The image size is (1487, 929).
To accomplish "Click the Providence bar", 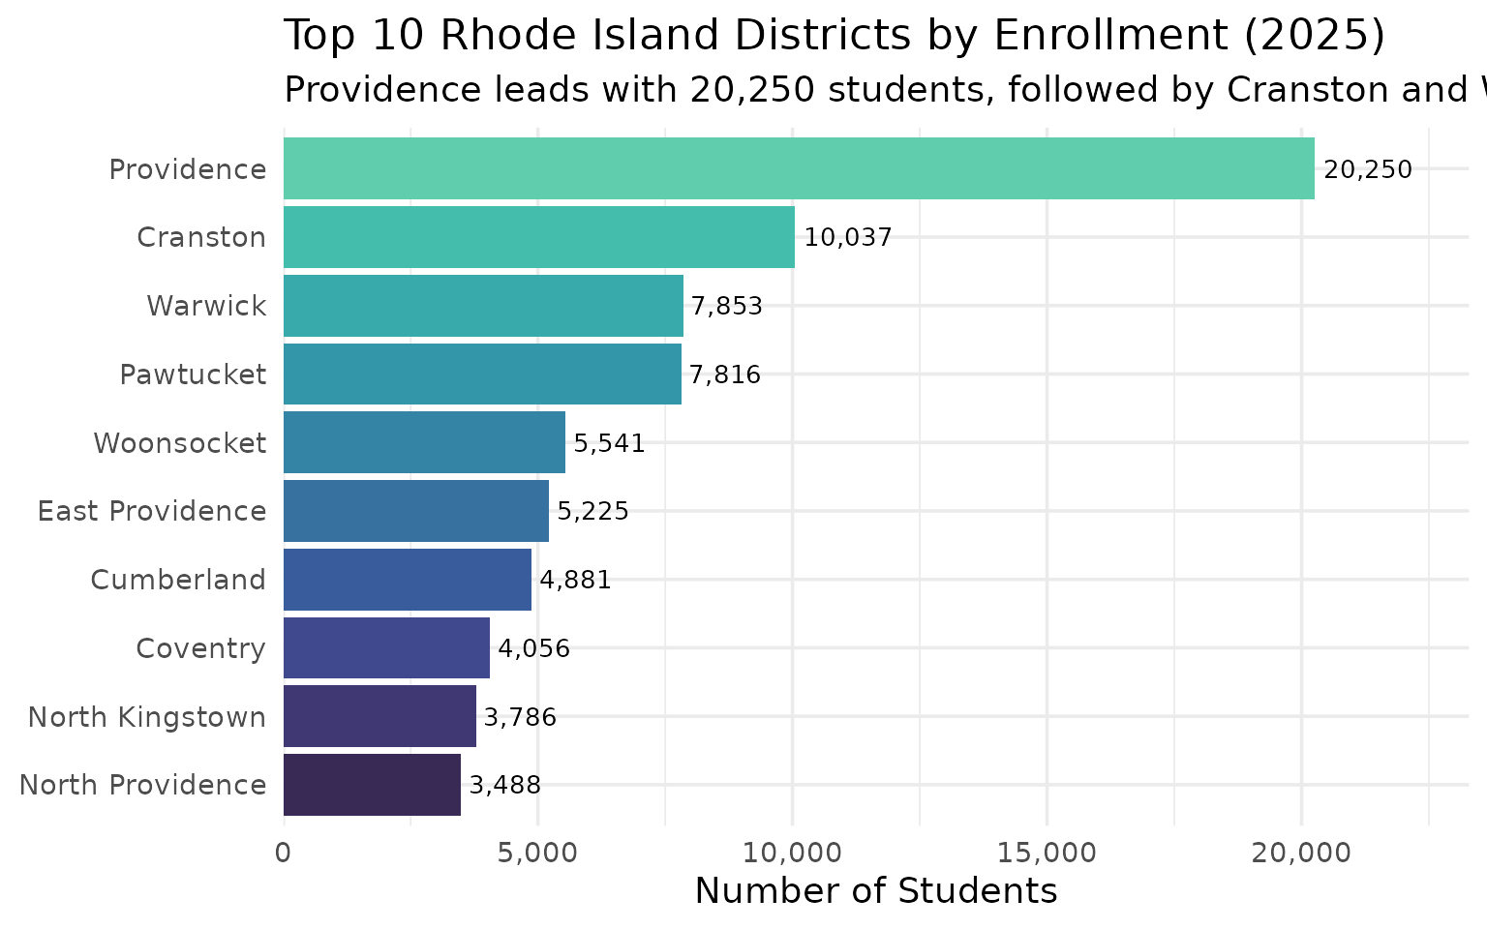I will tap(799, 168).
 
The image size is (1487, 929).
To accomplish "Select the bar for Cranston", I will tap(538, 237).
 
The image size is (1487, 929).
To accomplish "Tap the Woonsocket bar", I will tap(424, 442).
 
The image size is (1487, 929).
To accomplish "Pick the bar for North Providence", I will tap(372, 785).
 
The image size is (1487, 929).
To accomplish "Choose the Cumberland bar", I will tap(407, 580).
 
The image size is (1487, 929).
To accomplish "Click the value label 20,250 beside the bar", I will tap(1368, 170).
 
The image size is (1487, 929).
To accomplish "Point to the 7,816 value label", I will tap(725, 375).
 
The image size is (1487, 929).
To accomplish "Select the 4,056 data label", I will tap(533, 648).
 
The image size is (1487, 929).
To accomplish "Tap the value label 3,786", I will tap(520, 717).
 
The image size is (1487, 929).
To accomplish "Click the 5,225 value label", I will tap(592, 511).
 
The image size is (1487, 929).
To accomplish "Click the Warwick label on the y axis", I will tap(206, 306).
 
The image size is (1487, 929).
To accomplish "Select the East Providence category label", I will tap(152, 511).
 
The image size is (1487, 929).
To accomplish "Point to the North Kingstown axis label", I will tap(147, 717).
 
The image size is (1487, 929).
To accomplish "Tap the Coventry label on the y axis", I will tap(200, 648).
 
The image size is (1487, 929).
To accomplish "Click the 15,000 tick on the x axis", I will tap(1047, 853).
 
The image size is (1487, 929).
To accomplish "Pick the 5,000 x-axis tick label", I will tap(537, 853).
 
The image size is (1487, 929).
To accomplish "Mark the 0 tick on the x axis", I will tap(284, 853).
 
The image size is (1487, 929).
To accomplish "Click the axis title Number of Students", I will tap(876, 891).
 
